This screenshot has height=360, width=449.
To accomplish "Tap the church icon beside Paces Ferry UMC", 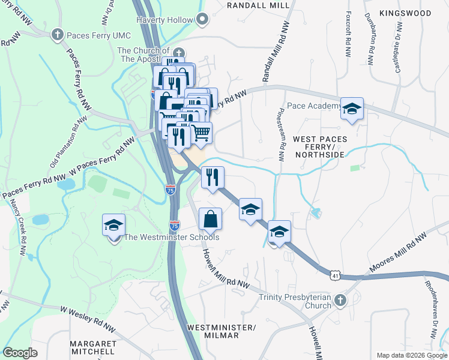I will click(x=58, y=34).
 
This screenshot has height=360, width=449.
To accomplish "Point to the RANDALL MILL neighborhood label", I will click(x=258, y=5).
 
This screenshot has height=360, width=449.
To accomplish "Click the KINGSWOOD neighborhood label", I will click(x=405, y=13).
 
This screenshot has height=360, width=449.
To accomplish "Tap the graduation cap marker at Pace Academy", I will click(x=352, y=109).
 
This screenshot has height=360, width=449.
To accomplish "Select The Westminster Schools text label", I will click(x=171, y=237).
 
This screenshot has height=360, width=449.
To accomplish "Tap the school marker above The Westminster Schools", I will click(x=113, y=225).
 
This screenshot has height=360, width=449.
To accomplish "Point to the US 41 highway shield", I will click(x=334, y=275).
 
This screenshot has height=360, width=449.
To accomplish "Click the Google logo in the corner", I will click(x=20, y=353).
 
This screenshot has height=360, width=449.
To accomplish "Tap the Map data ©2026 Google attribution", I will click(x=411, y=355).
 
